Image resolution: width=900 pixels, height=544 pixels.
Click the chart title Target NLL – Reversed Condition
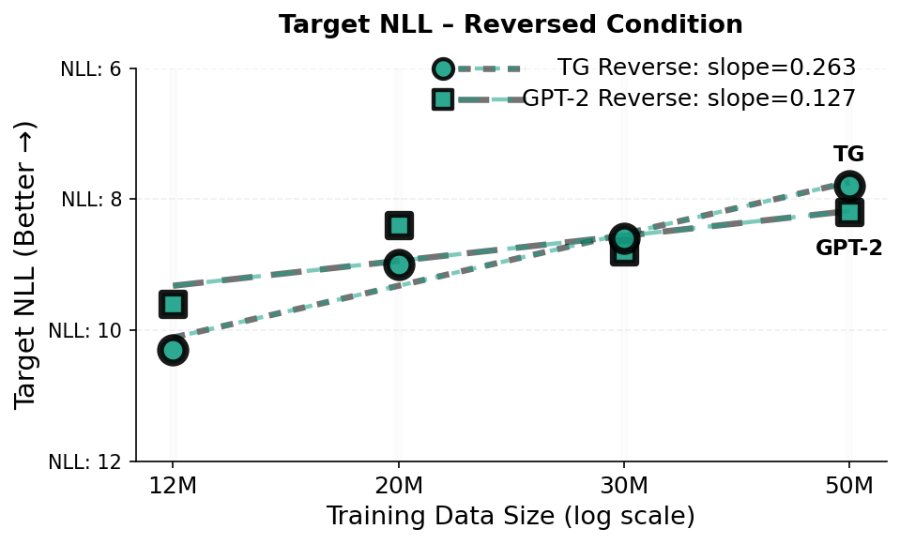coord(511,25)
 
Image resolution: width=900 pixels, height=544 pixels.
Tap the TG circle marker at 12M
coord(173,350)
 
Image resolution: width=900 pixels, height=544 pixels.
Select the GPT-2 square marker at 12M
coord(173,304)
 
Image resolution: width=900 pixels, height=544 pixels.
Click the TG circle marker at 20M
coord(399,264)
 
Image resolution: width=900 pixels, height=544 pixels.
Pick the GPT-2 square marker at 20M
coord(399,225)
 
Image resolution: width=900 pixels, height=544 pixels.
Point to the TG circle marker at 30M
coord(624,238)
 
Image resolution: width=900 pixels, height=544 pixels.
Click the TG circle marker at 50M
coord(849,186)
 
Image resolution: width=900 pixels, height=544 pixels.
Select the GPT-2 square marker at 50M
coord(849,212)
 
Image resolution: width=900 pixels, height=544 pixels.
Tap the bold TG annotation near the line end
coord(848,155)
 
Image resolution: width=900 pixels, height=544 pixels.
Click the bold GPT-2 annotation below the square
coord(848,249)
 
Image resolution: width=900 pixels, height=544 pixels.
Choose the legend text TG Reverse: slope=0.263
coord(706,68)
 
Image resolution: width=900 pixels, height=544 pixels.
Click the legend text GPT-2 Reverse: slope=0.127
coord(689,98)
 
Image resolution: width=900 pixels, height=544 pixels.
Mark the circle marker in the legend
coord(443,68)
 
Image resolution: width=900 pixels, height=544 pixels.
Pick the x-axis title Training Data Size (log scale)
coord(511,517)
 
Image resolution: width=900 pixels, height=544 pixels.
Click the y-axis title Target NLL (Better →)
coord(27,264)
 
